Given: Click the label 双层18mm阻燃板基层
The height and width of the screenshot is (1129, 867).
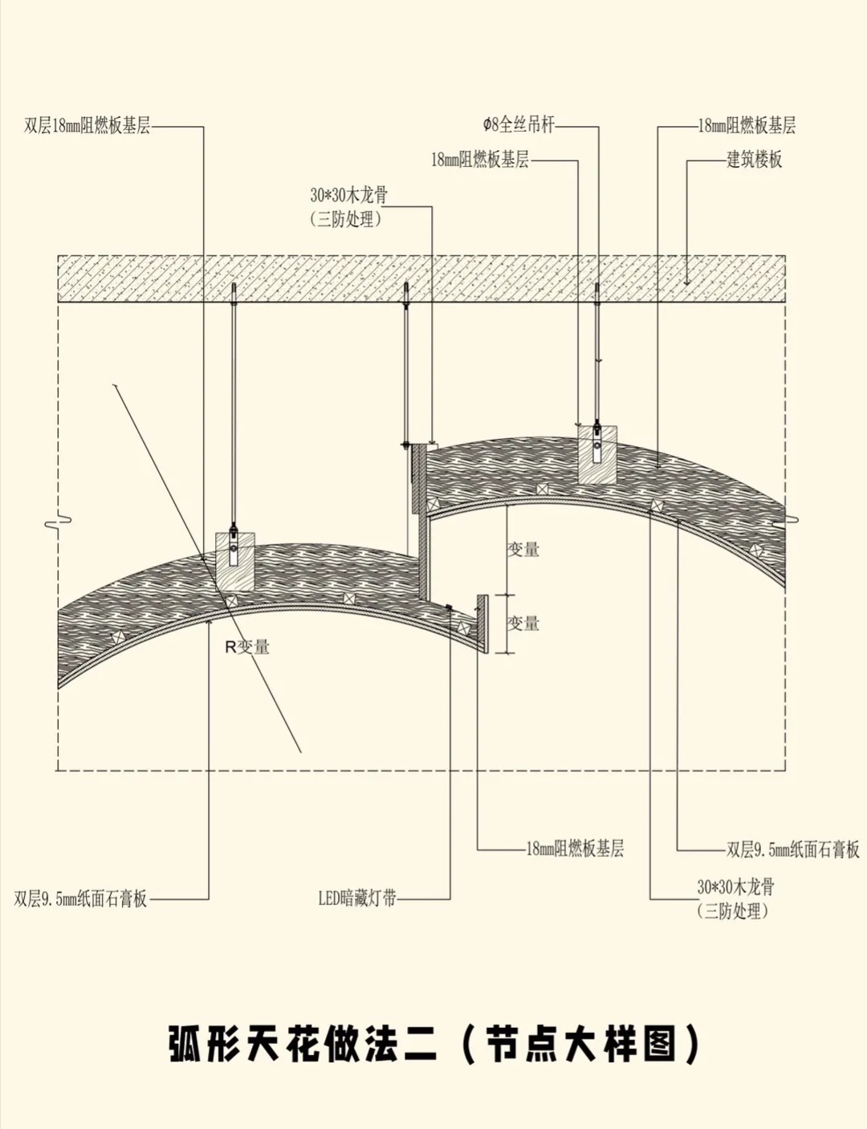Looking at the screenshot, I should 87,126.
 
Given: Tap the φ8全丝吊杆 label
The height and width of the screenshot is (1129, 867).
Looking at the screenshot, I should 519,124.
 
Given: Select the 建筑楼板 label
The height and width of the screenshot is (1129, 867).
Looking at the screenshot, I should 754,159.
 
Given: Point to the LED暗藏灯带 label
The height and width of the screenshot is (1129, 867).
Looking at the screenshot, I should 357,898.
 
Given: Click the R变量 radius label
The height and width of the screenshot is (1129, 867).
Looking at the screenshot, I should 247,647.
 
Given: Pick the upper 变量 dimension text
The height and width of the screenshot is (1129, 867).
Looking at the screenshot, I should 523,550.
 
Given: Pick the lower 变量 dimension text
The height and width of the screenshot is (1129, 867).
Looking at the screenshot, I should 523,623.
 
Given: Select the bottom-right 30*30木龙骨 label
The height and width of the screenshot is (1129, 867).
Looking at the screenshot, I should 735,887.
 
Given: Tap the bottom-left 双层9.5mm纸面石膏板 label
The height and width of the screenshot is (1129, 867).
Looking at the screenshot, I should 81,899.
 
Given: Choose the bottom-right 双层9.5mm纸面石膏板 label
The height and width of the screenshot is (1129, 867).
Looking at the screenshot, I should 792,849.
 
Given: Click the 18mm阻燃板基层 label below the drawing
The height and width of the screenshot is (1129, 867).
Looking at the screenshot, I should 575,848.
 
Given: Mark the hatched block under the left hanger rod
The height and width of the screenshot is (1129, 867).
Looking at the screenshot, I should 235,561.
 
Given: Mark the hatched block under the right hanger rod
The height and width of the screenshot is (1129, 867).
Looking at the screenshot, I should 597,454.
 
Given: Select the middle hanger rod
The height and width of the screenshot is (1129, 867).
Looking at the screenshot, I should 407,361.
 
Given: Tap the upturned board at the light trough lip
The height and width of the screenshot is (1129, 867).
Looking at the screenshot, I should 482,623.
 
